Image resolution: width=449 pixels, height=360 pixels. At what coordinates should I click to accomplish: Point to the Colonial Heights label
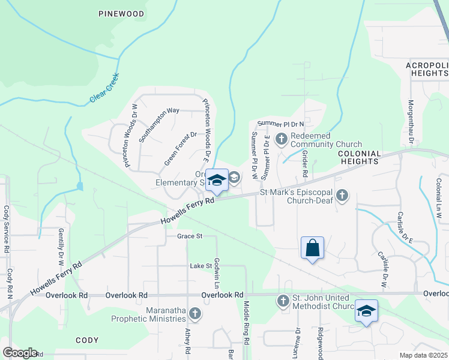359,157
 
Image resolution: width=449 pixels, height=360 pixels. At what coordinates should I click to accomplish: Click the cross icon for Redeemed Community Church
281,140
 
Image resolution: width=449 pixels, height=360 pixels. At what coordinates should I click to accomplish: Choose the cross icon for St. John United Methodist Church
283,300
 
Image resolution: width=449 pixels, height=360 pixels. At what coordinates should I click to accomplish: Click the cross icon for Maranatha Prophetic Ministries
194,313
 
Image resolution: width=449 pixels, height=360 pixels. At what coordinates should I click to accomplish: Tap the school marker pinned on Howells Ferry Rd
217,179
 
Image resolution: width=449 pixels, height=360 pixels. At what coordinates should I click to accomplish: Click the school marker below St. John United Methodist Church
366,311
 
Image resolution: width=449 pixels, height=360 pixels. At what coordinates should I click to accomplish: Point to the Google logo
20,353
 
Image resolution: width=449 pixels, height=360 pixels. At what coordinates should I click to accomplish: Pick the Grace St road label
190,236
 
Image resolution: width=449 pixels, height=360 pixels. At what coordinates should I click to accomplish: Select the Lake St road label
201,265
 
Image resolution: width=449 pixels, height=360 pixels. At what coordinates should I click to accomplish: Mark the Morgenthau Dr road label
412,122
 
